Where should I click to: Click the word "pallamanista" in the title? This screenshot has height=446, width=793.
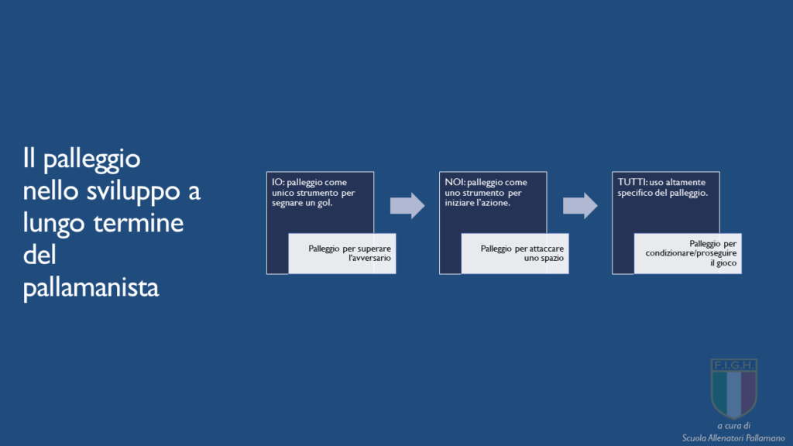click(x=91, y=288)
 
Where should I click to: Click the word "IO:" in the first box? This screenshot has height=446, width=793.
click(x=278, y=182)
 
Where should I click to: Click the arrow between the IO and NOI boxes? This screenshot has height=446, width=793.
click(x=407, y=205)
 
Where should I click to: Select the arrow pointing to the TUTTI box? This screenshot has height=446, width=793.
click(x=580, y=205)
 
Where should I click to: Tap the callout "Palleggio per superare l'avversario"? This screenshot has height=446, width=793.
click(x=342, y=253)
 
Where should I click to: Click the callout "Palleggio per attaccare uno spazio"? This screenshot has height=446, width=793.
click(x=515, y=253)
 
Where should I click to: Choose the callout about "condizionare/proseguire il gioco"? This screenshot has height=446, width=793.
click(x=688, y=253)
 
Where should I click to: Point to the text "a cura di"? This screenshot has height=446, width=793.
click(x=734, y=426)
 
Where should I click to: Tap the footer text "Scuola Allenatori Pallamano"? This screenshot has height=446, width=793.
click(x=733, y=438)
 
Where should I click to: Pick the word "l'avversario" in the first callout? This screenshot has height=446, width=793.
click(x=369, y=258)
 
